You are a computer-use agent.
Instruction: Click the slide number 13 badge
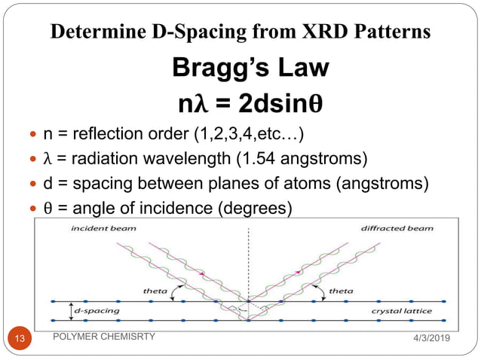(19, 339)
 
